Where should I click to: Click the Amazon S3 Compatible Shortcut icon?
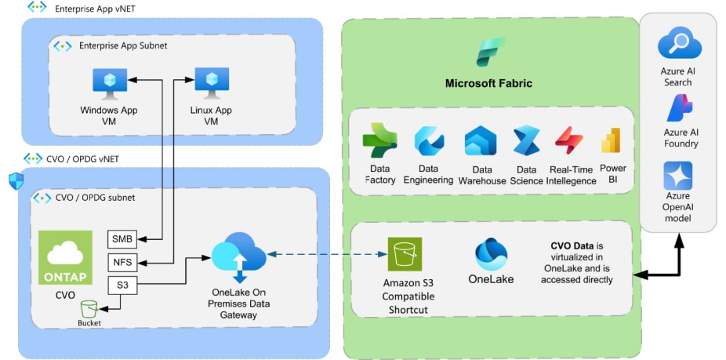(405, 255)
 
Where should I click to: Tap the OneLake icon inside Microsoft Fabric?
(491, 254)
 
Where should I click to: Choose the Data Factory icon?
(379, 141)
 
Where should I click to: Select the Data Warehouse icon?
(480, 141)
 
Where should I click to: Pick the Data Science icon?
(526, 141)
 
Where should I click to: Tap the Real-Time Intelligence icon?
(569, 141)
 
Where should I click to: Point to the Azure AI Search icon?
(678, 42)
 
